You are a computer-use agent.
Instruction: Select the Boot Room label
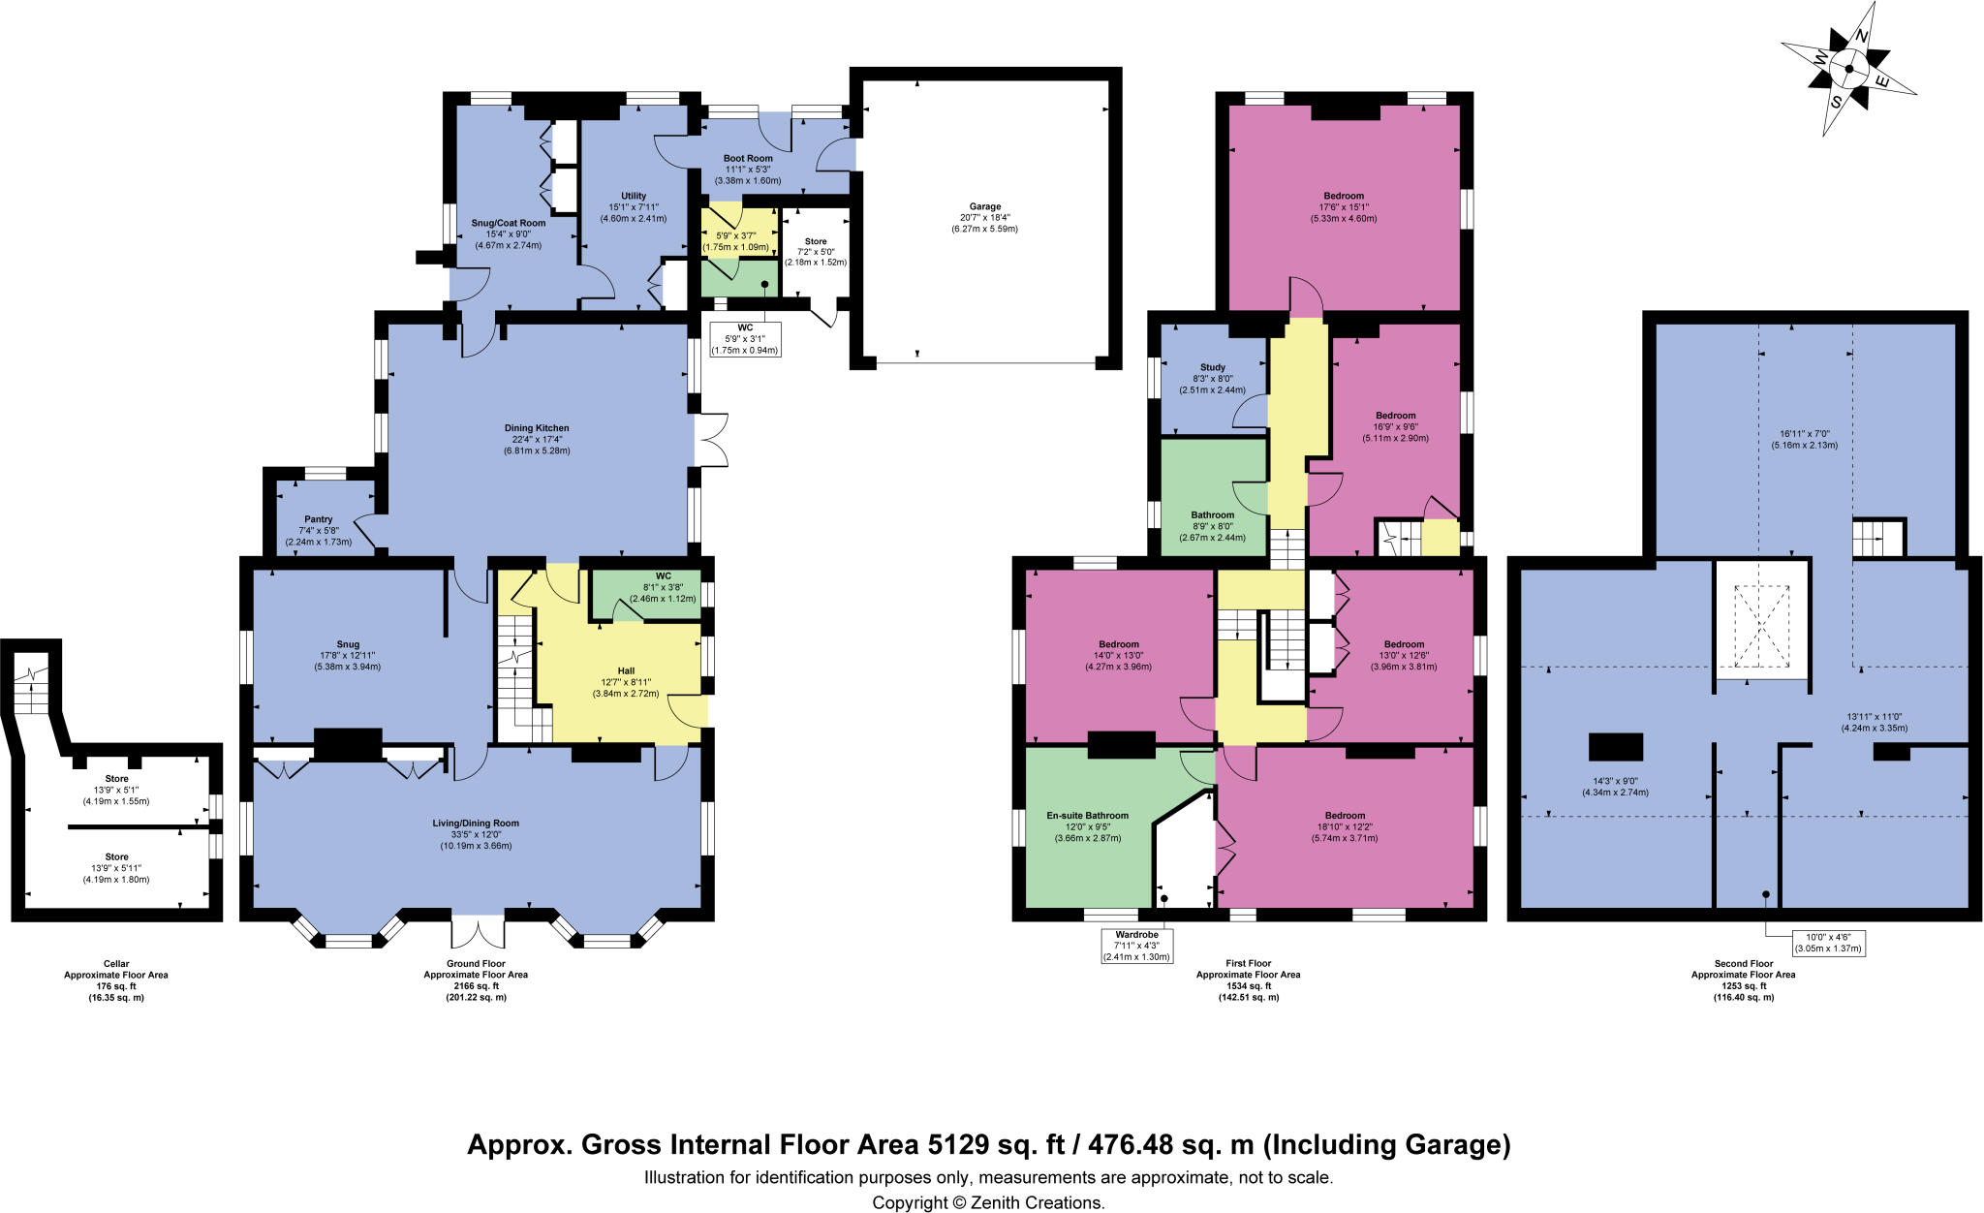coord(748,158)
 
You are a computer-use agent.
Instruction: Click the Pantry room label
coord(318,519)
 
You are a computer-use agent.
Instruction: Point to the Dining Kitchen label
coord(537,428)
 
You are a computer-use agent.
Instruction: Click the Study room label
coord(1213,367)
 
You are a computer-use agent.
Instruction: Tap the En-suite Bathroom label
coord(1087,816)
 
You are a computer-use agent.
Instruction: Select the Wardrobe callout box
coord(1135,945)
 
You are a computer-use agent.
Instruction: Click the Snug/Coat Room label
coord(509,223)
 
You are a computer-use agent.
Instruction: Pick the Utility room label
coord(634,197)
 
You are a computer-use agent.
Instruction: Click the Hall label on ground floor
coord(626,670)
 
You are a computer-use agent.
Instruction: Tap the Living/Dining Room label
coord(476,824)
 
